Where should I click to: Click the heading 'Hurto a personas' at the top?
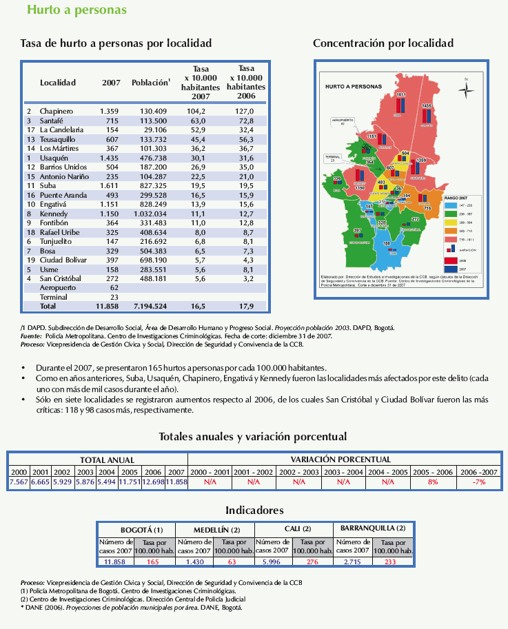[67, 10]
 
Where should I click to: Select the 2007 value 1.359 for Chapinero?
[110, 111]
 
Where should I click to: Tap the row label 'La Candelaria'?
[61, 130]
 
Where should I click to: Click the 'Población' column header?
[150, 83]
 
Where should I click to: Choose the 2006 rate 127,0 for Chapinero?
[245, 111]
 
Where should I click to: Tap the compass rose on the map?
[467, 89]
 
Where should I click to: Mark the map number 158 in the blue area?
[387, 243]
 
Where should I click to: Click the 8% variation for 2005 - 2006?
[433, 482]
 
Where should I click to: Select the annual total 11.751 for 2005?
[130, 482]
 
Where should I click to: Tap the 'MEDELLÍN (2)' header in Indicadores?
[215, 528]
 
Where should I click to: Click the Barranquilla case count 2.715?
[353, 562]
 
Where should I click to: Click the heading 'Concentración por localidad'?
[383, 43]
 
